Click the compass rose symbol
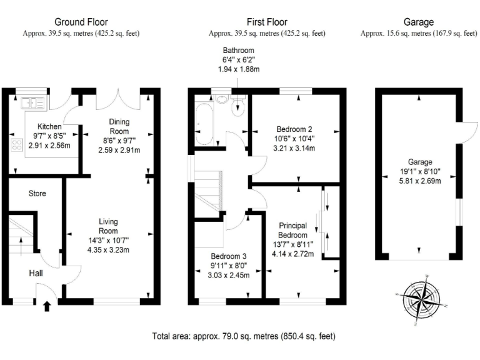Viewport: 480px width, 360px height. coord(420,297)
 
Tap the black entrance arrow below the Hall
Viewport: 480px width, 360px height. coord(47,306)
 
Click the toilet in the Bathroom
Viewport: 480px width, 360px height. coord(238,106)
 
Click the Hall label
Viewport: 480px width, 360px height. coord(36,273)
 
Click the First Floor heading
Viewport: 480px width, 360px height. coord(267,22)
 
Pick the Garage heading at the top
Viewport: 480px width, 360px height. coord(419,22)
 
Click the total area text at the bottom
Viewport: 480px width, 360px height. coord(244,336)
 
